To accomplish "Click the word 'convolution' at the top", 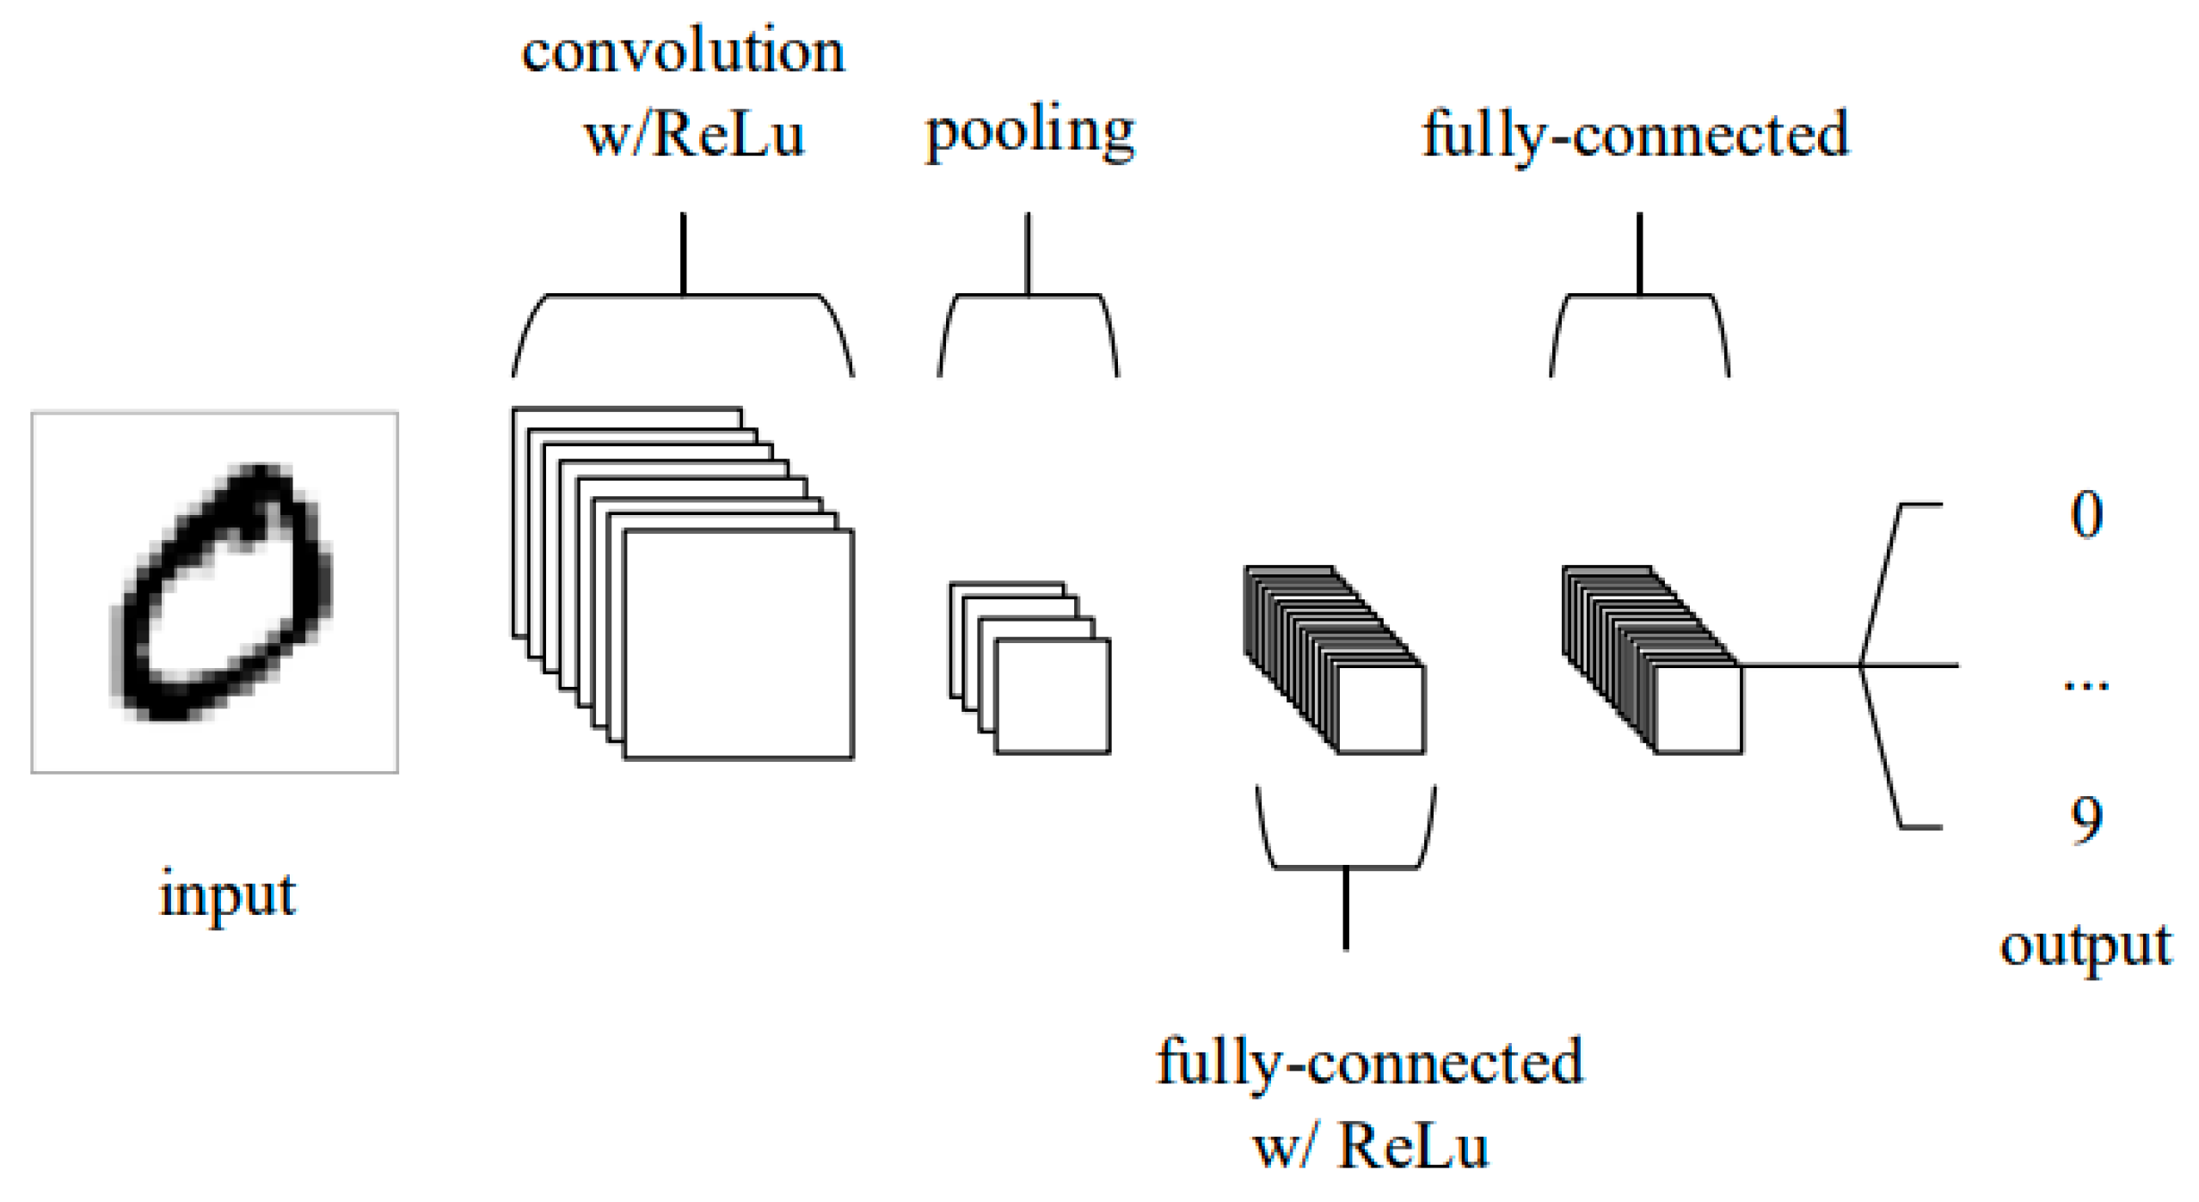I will point(683,52).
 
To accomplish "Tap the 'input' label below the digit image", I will point(227,893).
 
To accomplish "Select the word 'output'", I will point(2085,946).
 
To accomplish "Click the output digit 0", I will point(2085,515).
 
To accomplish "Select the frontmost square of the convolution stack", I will point(738,644).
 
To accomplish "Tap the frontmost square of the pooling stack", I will point(1052,696).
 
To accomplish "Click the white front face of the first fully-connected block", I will point(1380,709).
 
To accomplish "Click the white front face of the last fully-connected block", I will point(1698,709).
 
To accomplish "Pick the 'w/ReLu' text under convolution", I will point(693,135).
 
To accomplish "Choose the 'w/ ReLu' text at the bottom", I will point(1371,1147).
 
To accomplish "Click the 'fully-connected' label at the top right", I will point(1635,135).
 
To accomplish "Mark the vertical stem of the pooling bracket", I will point(1028,254).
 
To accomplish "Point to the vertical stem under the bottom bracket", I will point(1346,909).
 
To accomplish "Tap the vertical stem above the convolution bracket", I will point(683,254).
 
